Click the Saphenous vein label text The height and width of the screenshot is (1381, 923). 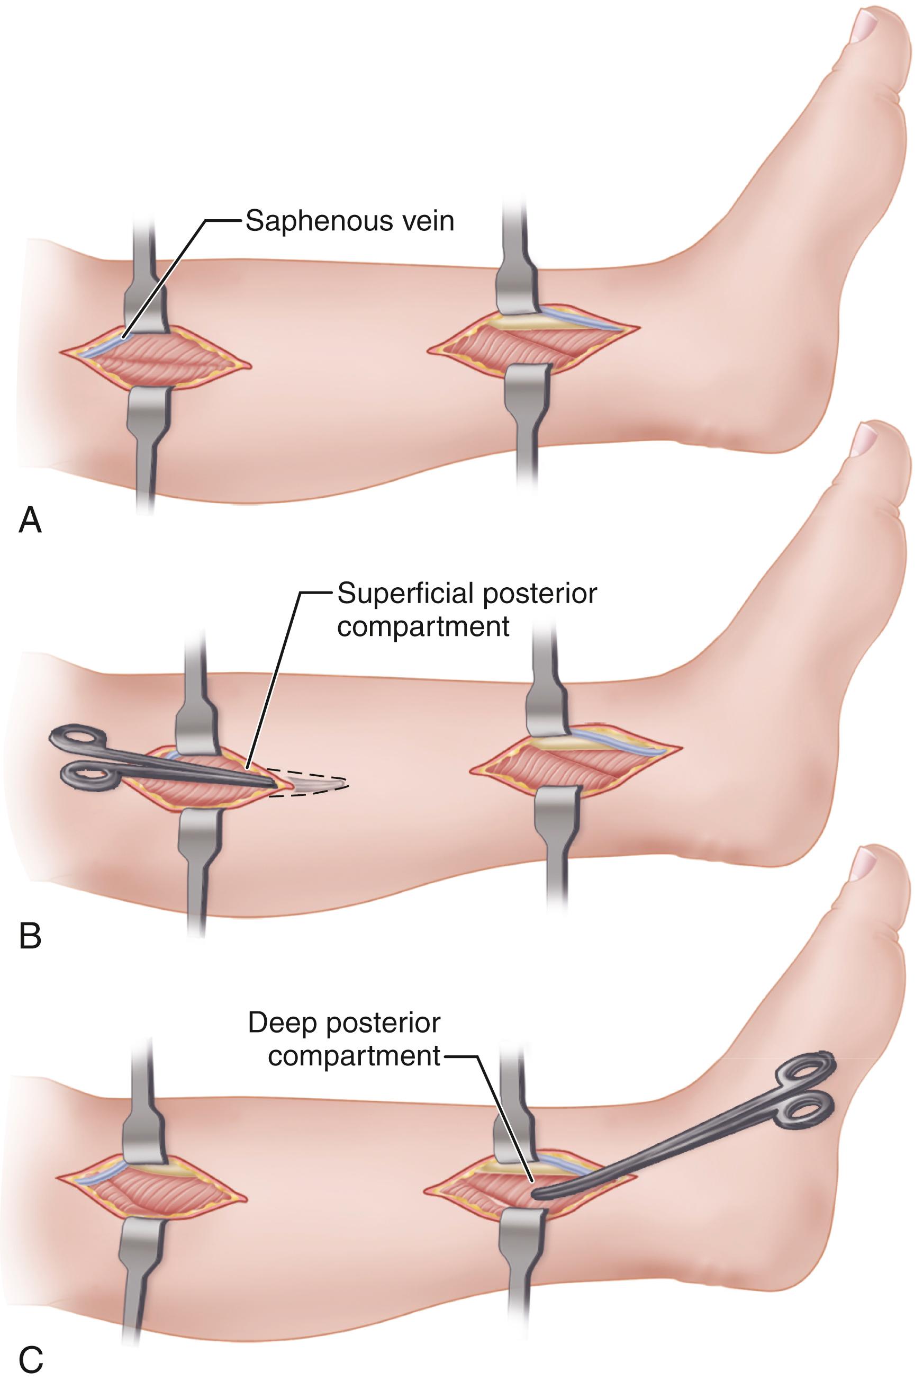point(350,221)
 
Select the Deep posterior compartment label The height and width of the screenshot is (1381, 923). point(344,1039)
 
